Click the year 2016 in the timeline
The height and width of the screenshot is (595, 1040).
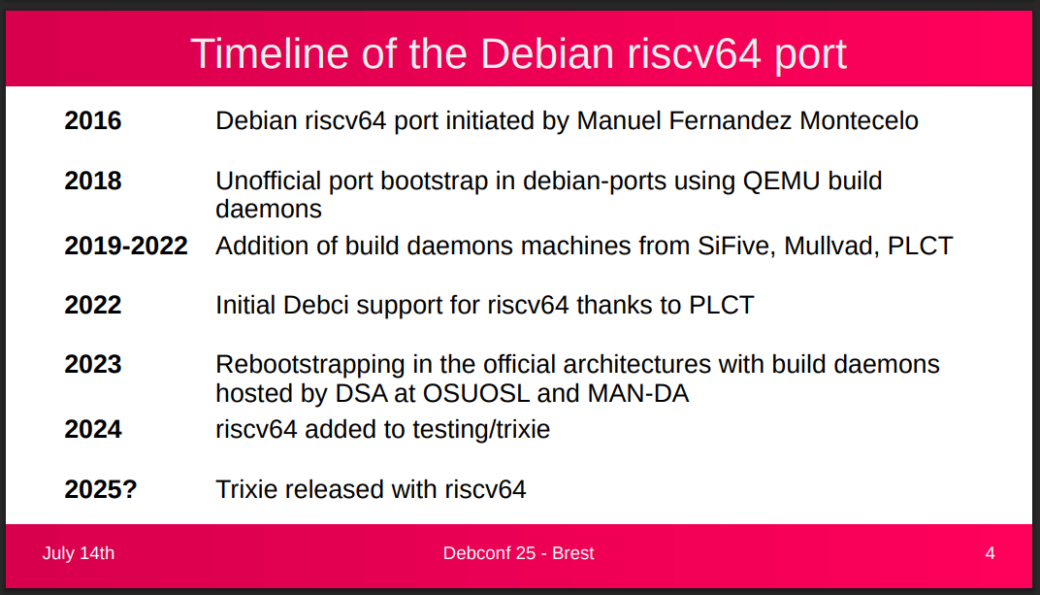pyautogui.click(x=93, y=120)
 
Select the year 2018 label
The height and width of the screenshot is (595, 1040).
pyautogui.click(x=93, y=181)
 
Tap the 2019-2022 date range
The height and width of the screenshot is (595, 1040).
pyautogui.click(x=126, y=246)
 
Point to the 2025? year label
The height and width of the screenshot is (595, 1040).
pyautogui.click(x=101, y=489)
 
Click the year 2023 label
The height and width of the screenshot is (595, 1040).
pyautogui.click(x=93, y=364)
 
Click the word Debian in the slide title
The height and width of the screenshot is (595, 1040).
pyautogui.click(x=547, y=53)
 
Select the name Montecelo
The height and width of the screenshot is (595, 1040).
pyautogui.click(x=859, y=120)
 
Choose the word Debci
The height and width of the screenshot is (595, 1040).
pyautogui.click(x=315, y=305)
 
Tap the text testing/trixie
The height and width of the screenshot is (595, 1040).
pyautogui.click(x=481, y=430)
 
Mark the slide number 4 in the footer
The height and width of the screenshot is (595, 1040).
pyautogui.click(x=991, y=553)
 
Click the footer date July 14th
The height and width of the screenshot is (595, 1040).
pyautogui.click(x=79, y=553)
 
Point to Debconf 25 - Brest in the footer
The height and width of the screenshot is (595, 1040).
pyautogui.click(x=519, y=553)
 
